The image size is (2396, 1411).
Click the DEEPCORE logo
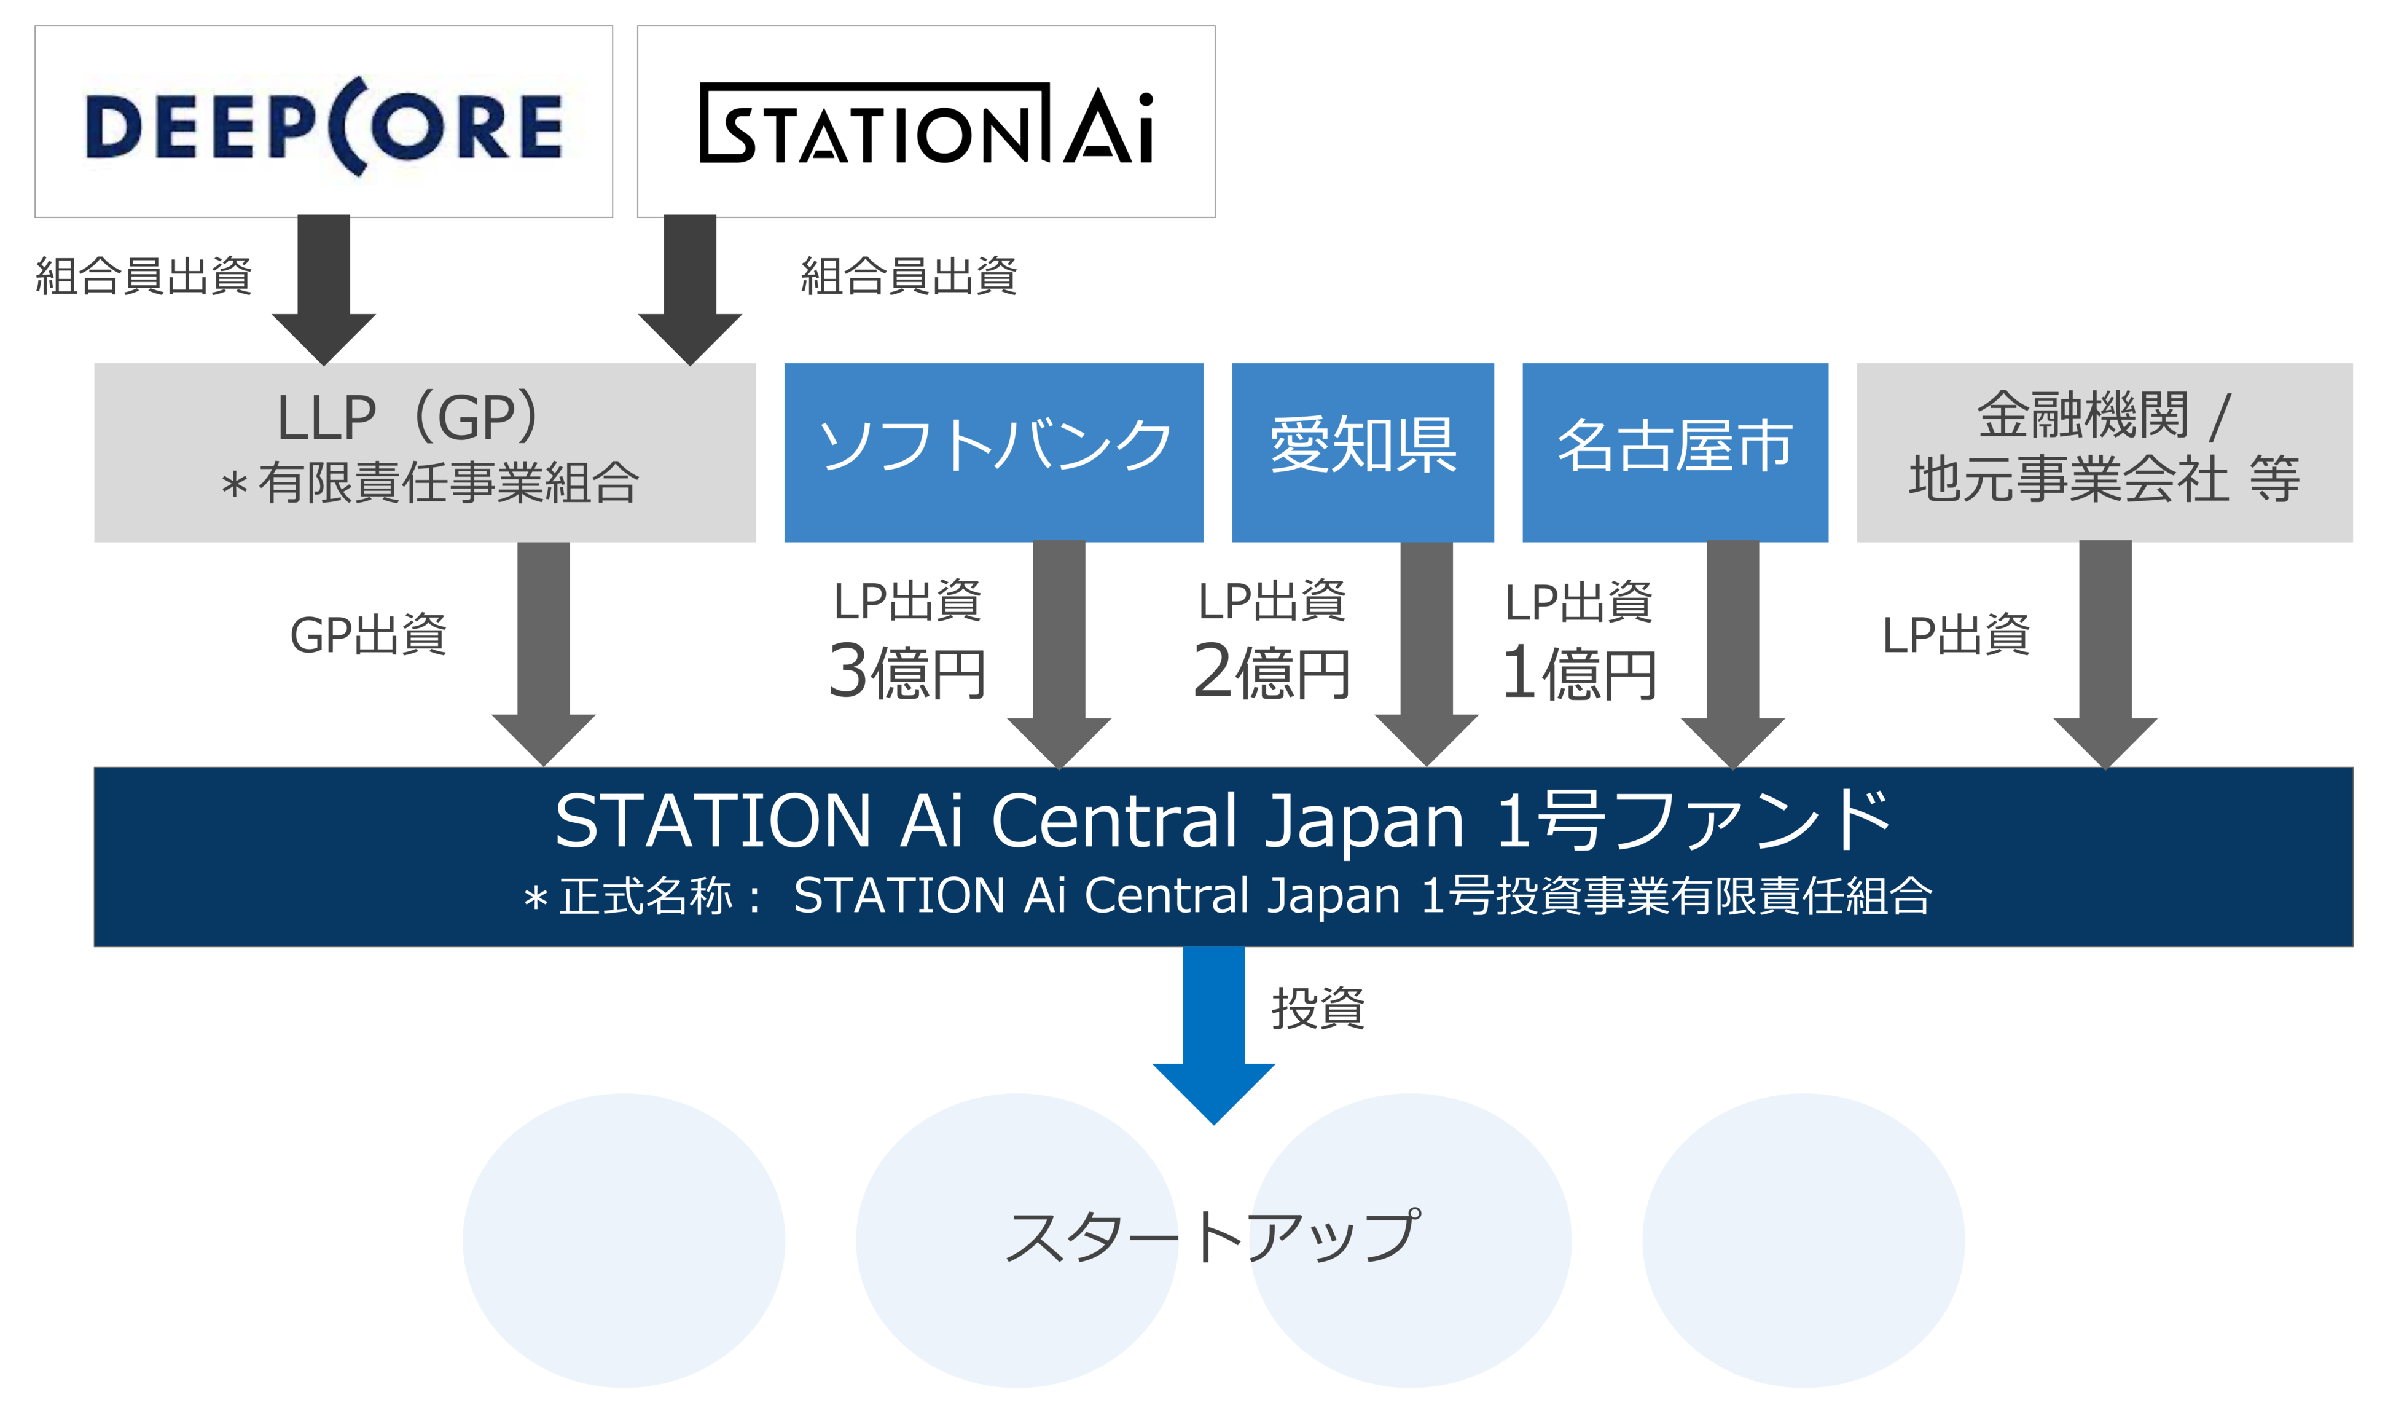pyautogui.click(x=323, y=125)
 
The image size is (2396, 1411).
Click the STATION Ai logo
pyautogui.click(x=926, y=125)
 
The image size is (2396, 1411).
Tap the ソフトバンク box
pyautogui.click(x=993, y=452)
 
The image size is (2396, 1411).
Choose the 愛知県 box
pyautogui.click(x=1363, y=452)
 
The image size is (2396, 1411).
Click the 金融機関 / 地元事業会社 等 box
pyautogui.click(x=2104, y=452)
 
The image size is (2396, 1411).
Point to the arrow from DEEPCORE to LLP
pyautogui.click(x=324, y=285)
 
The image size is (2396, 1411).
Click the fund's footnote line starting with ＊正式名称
pyautogui.click(x=1226, y=895)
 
